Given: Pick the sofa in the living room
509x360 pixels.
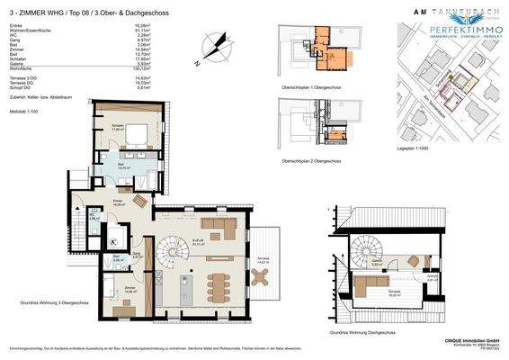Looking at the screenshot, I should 219,223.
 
